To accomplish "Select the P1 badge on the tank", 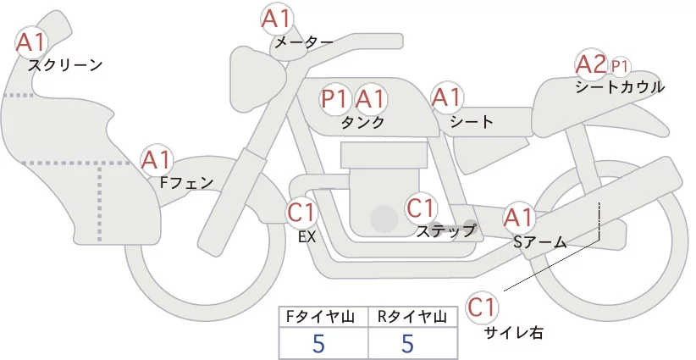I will click(335, 99).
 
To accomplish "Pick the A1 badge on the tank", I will click(370, 99).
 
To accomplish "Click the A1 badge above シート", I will click(446, 97).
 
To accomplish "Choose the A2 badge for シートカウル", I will click(590, 64).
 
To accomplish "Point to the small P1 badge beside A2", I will click(620, 65).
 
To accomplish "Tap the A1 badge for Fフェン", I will click(157, 159).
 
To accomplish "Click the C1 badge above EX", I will click(301, 211).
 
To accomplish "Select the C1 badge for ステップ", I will click(421, 207).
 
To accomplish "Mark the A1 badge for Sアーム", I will click(519, 218).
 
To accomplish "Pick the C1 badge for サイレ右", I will click(483, 305).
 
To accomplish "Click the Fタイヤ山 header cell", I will click(324, 318).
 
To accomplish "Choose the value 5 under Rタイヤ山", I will click(408, 344).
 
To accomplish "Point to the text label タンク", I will click(362, 122).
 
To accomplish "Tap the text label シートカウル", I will click(620, 86).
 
